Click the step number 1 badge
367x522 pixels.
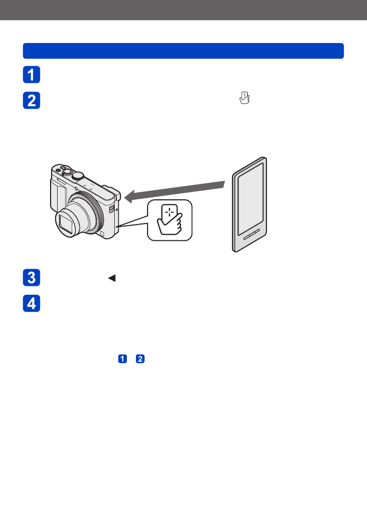(31, 75)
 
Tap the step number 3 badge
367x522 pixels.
(31, 278)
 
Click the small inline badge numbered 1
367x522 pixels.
(122, 359)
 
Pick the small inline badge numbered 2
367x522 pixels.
(141, 359)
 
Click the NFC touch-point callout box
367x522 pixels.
(170, 220)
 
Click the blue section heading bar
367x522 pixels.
(183, 51)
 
